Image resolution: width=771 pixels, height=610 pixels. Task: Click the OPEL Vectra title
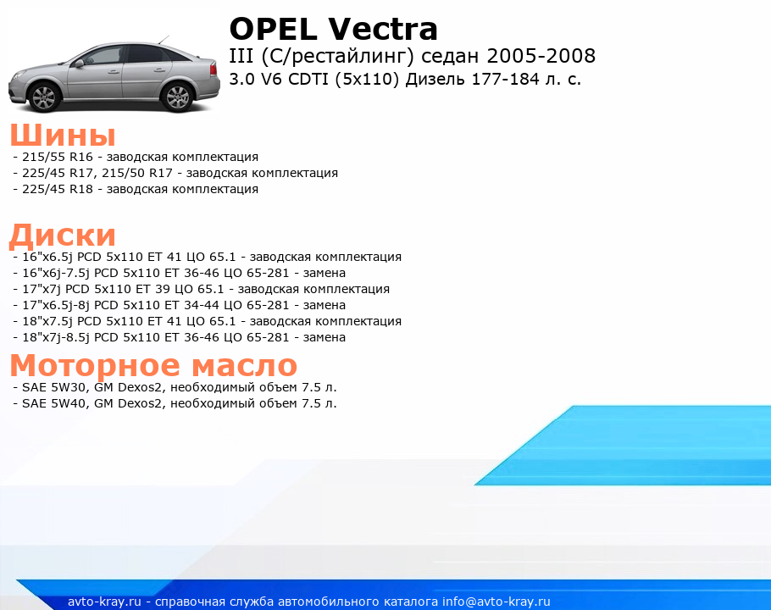pos(333,29)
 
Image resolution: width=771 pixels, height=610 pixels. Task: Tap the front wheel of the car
pos(46,97)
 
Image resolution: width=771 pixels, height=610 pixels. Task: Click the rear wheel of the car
pos(178,97)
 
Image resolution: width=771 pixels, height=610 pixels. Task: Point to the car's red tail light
pos(214,69)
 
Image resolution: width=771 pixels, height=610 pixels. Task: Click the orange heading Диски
pos(63,235)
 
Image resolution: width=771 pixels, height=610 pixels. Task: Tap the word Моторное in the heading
pos(95,364)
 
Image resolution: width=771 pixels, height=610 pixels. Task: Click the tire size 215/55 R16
pos(58,157)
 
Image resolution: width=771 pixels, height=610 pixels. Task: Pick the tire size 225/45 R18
pos(58,189)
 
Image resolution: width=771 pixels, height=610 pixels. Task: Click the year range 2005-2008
pos(541,56)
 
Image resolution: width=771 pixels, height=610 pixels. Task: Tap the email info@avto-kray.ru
pos(496,602)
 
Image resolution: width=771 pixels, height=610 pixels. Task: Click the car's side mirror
pos(79,63)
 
